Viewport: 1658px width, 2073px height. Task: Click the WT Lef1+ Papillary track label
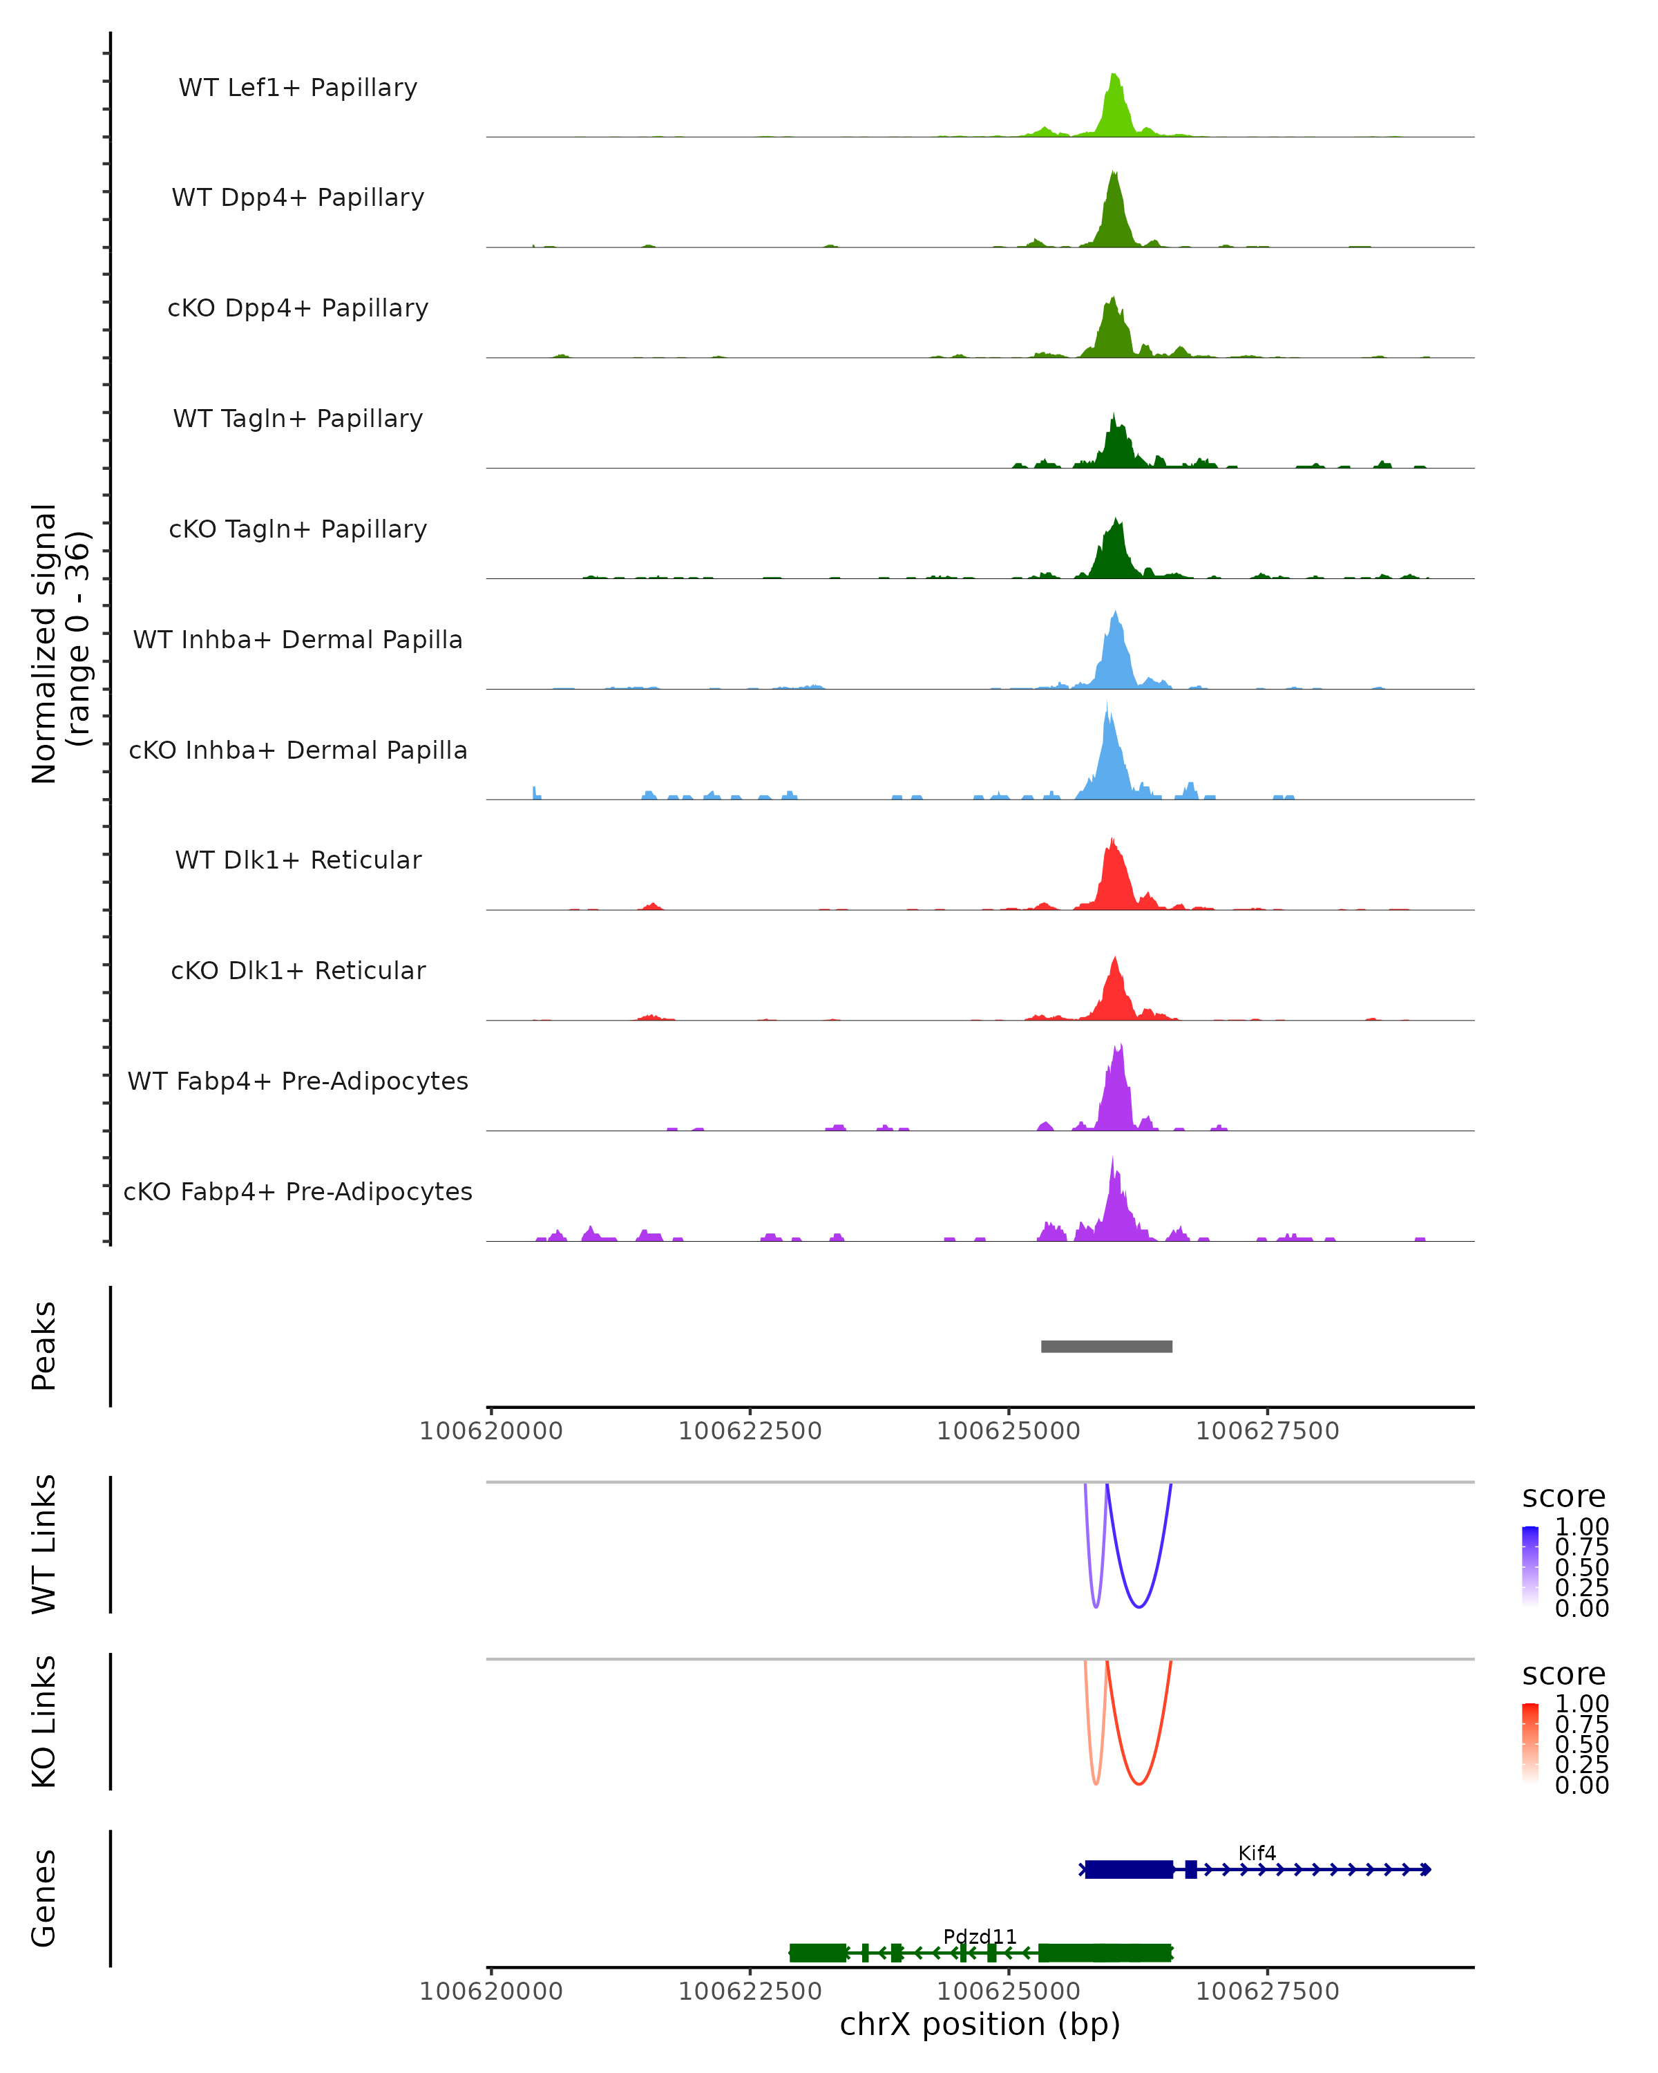pyautogui.click(x=298, y=88)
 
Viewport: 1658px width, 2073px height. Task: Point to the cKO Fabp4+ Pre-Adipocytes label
pyautogui.click(x=298, y=1191)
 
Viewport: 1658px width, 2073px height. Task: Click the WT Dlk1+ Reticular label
pyautogui.click(x=298, y=860)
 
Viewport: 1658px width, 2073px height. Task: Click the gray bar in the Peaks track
pyautogui.click(x=1106, y=1346)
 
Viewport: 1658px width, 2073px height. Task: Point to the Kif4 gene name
pyautogui.click(x=1256, y=1853)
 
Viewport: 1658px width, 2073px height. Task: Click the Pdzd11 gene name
pyautogui.click(x=980, y=1936)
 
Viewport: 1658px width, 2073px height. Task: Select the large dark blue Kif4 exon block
pyautogui.click(x=1128, y=1869)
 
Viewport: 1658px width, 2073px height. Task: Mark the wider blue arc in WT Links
pyautogui.click(x=1139, y=1606)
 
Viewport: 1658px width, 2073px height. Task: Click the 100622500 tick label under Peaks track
pyautogui.click(x=750, y=1431)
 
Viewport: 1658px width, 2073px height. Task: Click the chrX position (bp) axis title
pyautogui.click(x=980, y=2025)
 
